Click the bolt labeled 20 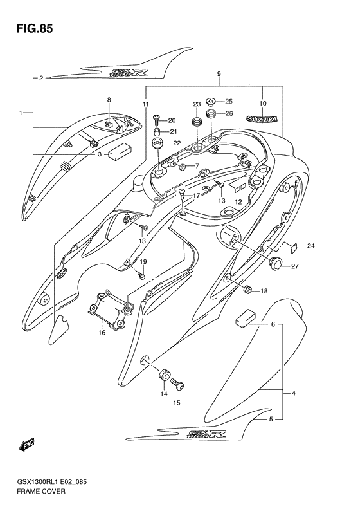click(x=155, y=119)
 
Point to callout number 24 click(x=311, y=246)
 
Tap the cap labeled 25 click(x=211, y=101)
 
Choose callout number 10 click(x=262, y=103)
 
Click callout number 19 click(x=143, y=261)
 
